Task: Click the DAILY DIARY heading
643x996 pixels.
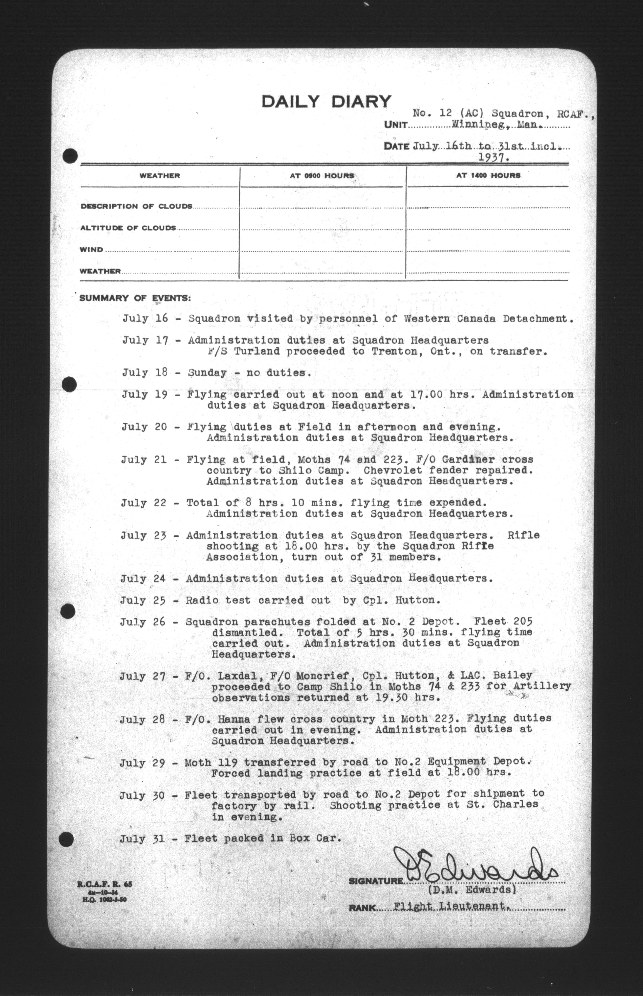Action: (326, 102)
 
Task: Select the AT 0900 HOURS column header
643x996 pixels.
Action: (322, 176)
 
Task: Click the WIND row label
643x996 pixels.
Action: (92, 250)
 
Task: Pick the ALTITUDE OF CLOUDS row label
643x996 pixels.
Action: (128, 228)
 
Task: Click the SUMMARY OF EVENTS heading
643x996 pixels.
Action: (135, 298)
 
